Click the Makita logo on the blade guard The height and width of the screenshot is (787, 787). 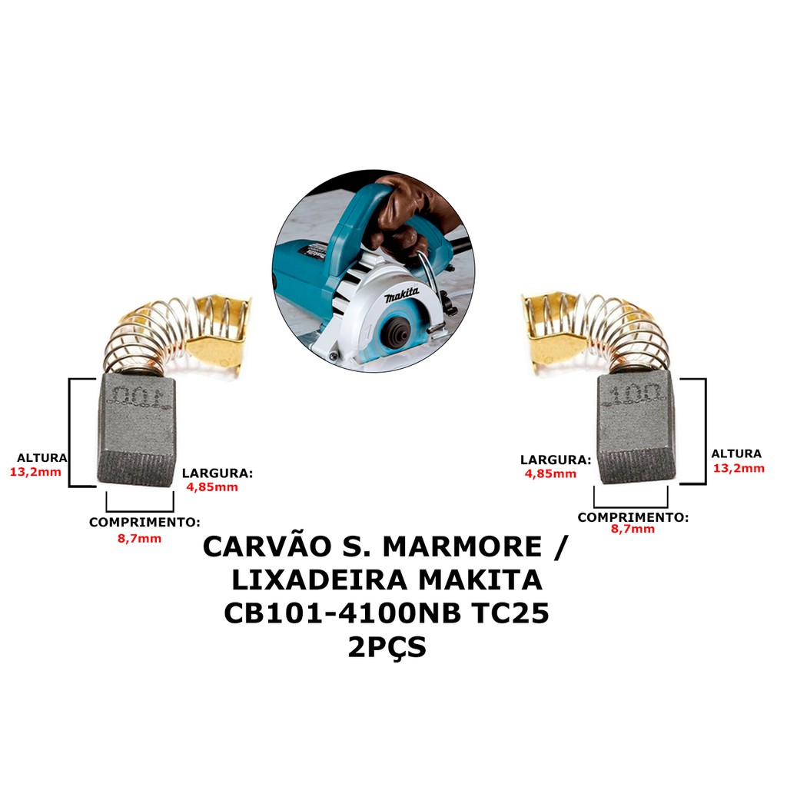coord(402,296)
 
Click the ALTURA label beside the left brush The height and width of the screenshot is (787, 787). coord(42,458)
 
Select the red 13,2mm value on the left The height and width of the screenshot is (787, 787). coord(35,473)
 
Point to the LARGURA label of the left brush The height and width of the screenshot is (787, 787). coord(218,473)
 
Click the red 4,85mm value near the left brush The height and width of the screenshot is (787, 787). coord(212,486)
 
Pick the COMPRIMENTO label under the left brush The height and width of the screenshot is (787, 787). coord(144,522)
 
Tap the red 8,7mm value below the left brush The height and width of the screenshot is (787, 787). coord(140,539)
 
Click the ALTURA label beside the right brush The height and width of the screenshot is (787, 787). coord(736,453)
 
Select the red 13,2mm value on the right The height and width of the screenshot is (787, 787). coord(739,468)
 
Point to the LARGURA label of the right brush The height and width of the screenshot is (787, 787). coord(556,460)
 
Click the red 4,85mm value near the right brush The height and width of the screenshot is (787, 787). coord(550,473)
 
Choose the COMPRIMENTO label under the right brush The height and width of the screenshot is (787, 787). coord(633,517)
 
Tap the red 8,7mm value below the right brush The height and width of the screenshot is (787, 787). coord(633,529)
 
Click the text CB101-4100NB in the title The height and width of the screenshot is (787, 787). coord(342,613)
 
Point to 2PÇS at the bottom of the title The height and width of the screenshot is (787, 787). coord(387,647)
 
